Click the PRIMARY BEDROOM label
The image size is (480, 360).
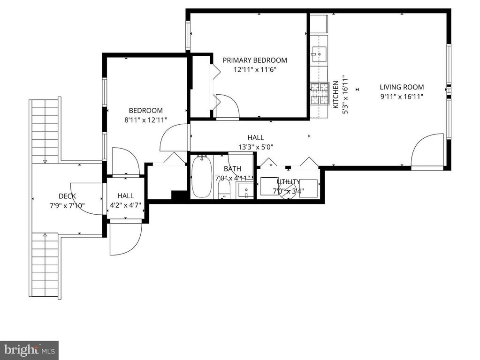[254, 60]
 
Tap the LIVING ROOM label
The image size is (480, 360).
[402, 87]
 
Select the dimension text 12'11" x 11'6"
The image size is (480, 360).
[255, 69]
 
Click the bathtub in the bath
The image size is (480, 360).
[201, 177]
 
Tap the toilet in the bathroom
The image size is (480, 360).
[225, 189]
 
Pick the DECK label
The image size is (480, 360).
[67, 196]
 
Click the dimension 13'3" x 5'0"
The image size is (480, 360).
[256, 147]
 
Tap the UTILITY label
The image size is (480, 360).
[289, 182]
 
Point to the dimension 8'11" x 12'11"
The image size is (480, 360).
[145, 120]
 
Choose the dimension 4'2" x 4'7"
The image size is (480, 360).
[125, 205]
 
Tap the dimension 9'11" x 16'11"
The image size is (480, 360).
[402, 97]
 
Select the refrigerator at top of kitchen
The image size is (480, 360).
[319, 23]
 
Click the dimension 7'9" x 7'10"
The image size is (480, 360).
[67, 205]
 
